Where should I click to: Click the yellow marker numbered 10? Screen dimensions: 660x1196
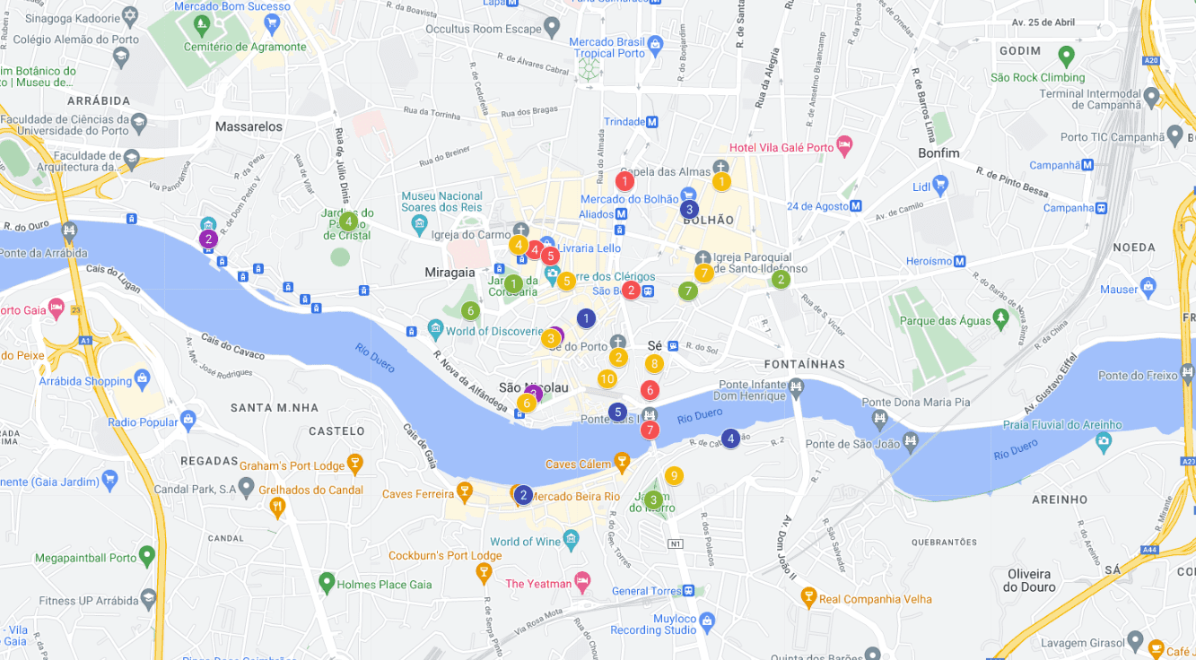607,378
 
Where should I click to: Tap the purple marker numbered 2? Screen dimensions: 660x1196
208,239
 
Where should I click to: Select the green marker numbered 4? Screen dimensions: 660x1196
348,221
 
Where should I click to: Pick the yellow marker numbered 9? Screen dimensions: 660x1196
674,476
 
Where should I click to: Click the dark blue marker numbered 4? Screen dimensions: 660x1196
730,439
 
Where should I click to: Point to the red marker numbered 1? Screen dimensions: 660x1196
624,181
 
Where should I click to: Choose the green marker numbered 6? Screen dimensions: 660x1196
469,311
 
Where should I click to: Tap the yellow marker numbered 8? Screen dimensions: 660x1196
654,364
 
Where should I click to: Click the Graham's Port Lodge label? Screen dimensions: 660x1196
292,465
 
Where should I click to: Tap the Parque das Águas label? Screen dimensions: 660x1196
942,321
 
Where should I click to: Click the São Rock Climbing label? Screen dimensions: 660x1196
1037,77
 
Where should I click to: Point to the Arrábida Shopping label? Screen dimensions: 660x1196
85,381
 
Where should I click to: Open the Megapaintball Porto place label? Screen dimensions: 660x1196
86,558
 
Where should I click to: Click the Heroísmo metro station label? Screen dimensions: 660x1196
929,261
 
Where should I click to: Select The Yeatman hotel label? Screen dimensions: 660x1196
538,583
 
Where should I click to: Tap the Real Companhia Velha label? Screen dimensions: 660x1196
875,599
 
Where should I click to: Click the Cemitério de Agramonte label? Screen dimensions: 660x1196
245,47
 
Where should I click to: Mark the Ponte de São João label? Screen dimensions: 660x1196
851,444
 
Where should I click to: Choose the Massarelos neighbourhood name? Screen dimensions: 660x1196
249,126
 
